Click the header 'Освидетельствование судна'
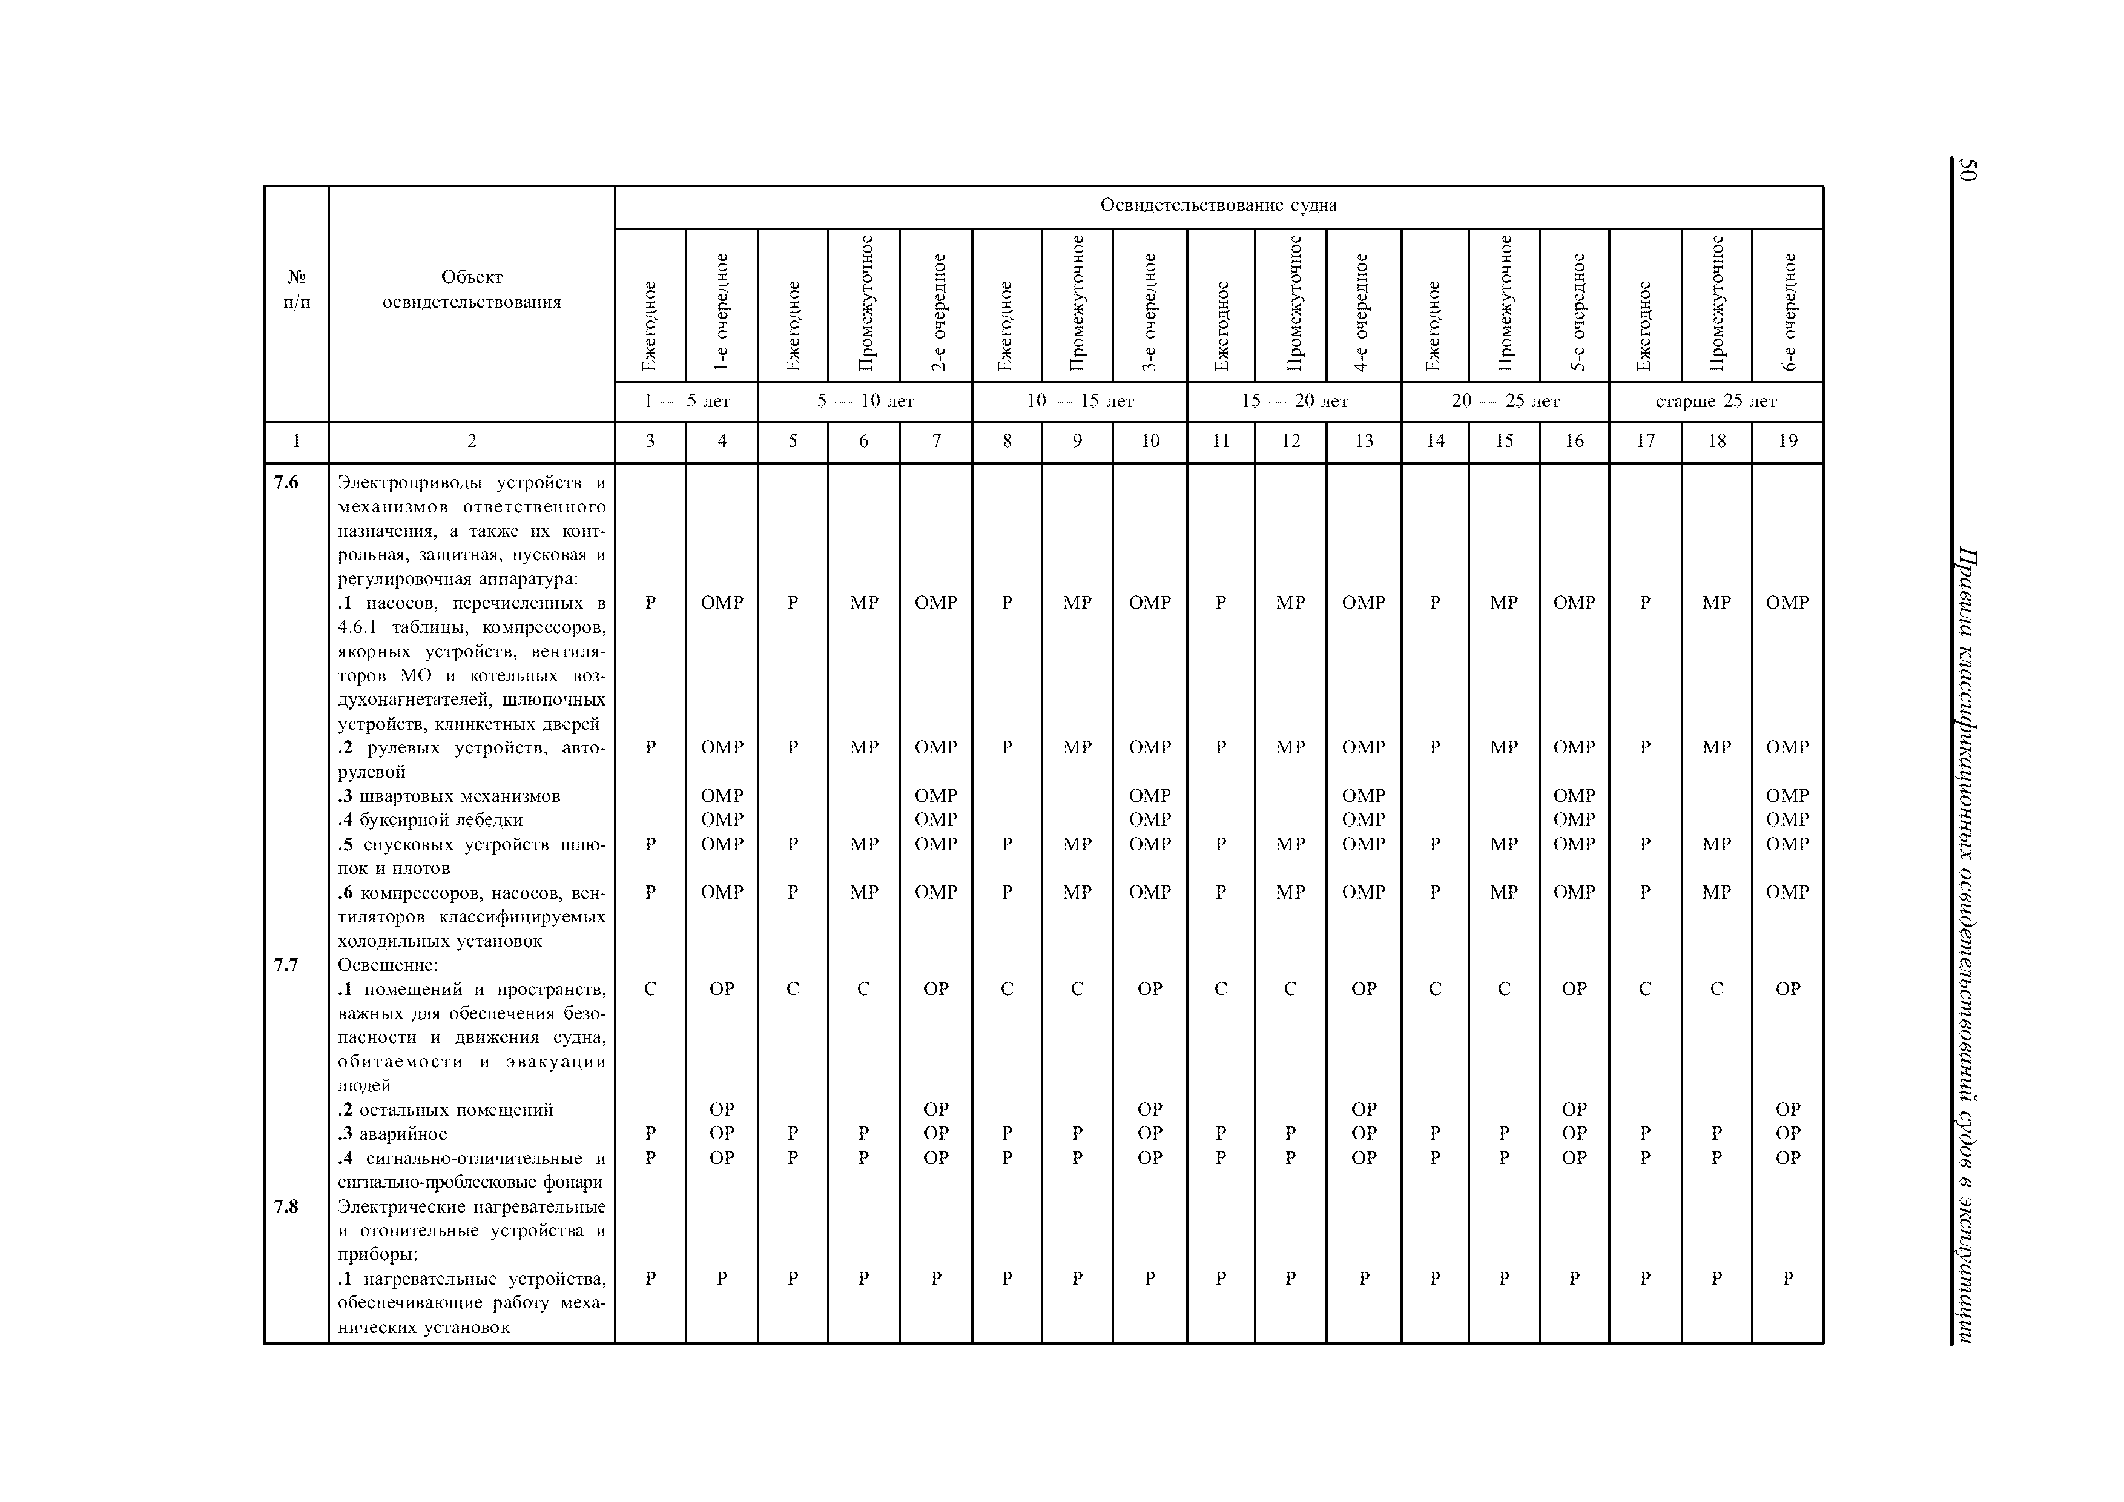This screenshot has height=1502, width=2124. point(1218,205)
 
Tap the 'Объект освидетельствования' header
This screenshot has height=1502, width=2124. point(472,289)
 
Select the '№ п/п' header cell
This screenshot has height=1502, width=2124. point(297,289)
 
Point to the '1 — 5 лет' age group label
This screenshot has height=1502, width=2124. point(687,402)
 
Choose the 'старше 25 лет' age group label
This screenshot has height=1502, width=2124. point(1716,402)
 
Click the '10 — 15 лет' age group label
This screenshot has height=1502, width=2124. point(1080,402)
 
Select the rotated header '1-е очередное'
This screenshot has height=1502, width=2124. point(722,313)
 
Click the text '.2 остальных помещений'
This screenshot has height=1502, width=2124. point(446,1110)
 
